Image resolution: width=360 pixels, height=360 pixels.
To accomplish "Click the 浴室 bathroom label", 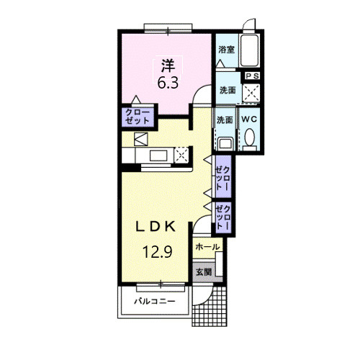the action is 226,50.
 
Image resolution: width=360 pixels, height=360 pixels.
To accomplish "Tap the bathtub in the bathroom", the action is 250,50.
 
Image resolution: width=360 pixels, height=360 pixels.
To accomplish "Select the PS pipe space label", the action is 253,76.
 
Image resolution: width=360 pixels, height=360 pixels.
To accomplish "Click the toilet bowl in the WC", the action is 250,137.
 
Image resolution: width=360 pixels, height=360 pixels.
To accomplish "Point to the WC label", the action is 249,120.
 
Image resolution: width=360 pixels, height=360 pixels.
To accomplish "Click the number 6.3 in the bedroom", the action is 168,83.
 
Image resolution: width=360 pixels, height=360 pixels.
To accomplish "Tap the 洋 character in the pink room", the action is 168,66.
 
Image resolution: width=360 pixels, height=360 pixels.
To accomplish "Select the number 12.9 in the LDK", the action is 158,252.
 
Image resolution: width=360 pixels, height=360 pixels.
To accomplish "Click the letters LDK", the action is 156,226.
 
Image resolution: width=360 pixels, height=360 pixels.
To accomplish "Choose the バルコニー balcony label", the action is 155,301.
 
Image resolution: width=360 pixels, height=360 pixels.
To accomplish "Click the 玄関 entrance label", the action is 204,272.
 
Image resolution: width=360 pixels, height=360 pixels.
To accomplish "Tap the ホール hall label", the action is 207,247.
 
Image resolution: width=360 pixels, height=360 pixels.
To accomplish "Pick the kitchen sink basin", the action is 158,156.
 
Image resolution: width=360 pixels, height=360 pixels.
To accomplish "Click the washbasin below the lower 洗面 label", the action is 225,143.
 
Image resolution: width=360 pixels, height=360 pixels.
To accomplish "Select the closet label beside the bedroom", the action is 138,117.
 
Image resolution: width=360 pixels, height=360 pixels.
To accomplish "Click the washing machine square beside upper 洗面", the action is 251,93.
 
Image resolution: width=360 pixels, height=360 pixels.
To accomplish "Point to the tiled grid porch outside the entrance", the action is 210,307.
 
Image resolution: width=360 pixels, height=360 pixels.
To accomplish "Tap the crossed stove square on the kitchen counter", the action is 181,155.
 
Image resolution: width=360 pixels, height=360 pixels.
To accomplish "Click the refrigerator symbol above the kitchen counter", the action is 141,139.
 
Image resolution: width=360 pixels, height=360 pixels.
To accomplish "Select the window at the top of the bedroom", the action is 168,28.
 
